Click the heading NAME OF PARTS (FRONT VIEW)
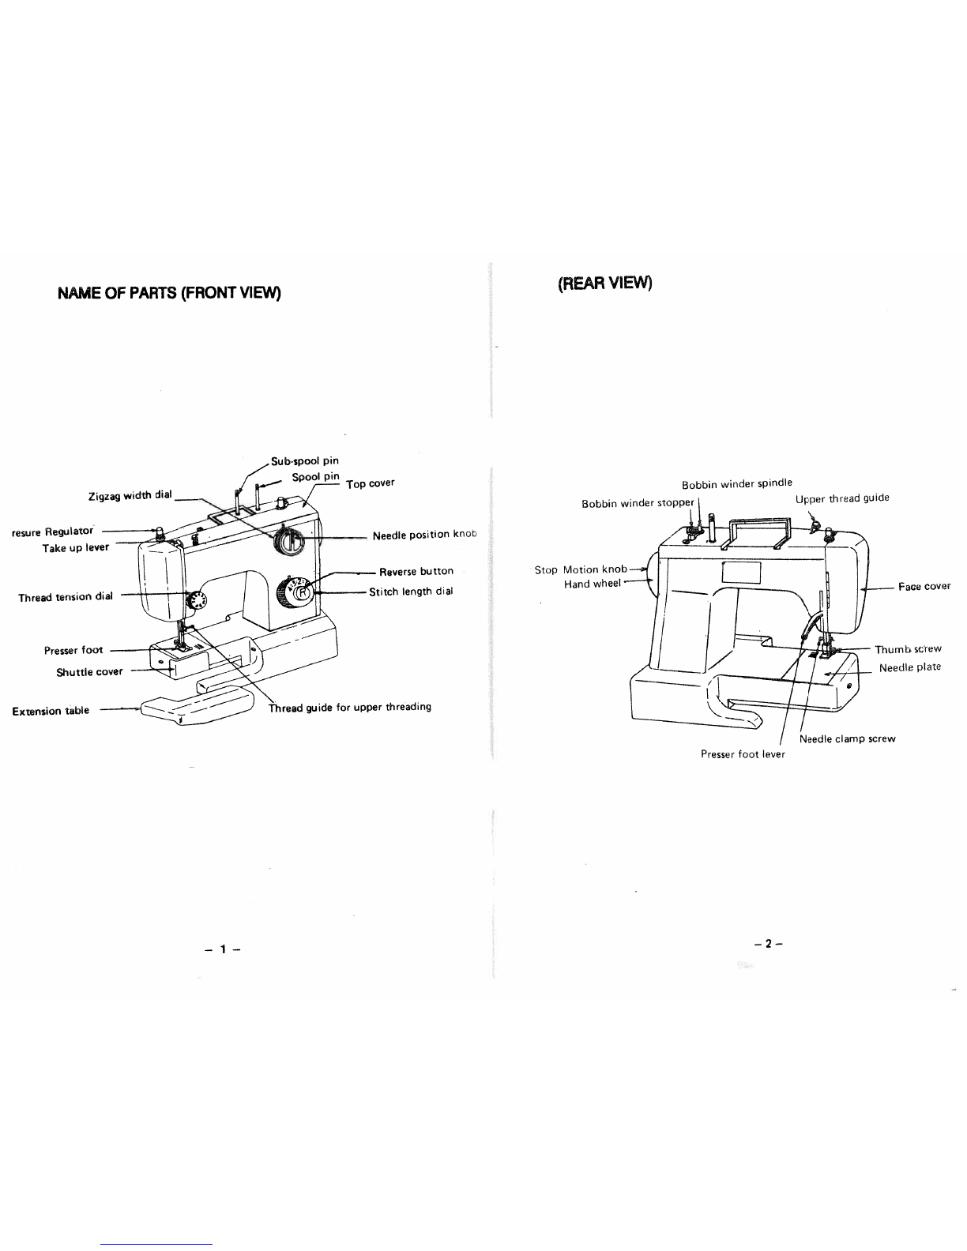(x=170, y=293)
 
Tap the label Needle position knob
(x=425, y=535)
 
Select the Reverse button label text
(x=416, y=571)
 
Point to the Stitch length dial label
(x=411, y=592)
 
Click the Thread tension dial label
(x=66, y=596)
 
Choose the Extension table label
(x=51, y=711)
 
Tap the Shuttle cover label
(x=89, y=672)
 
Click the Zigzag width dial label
(x=130, y=496)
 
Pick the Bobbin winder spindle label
(x=736, y=483)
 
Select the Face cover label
(x=924, y=586)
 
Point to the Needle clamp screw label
(x=847, y=739)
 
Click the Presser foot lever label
(x=743, y=754)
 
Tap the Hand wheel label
(x=592, y=584)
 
